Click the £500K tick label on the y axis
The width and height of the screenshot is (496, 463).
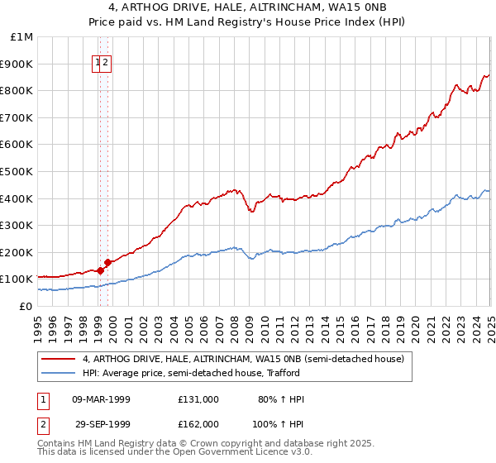pyautogui.click(x=18, y=171)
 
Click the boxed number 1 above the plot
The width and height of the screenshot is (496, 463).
pyautogui.click(x=98, y=62)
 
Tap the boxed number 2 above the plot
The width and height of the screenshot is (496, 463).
pyautogui.click(x=107, y=62)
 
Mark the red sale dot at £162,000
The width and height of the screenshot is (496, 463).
pyautogui.click(x=108, y=262)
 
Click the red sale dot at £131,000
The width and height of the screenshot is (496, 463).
pyautogui.click(x=100, y=270)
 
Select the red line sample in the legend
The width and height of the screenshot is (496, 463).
pyautogui.click(x=57, y=359)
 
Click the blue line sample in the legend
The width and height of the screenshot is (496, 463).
pyautogui.click(x=57, y=373)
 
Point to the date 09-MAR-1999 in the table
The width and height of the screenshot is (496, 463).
pyautogui.click(x=101, y=399)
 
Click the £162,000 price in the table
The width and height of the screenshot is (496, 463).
pyautogui.click(x=198, y=423)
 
